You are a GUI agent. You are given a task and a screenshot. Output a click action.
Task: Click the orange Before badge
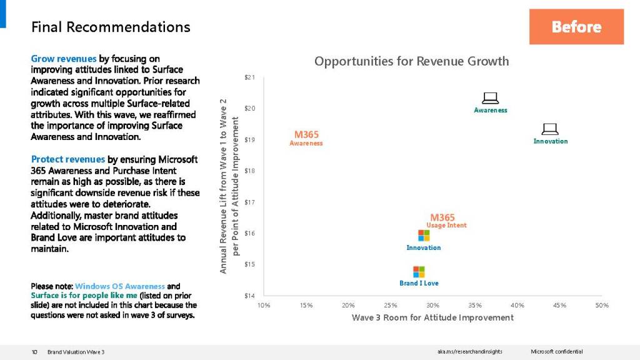576,27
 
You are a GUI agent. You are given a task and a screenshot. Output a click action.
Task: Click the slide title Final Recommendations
111,27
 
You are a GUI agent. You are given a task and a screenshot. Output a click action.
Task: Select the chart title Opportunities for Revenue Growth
411,61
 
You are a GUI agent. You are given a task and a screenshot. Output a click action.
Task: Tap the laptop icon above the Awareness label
490,98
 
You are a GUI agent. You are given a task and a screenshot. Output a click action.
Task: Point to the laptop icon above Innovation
550,129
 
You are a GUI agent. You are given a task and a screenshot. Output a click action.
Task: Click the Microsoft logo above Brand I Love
419,272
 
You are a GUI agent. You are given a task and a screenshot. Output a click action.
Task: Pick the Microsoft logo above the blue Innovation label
424,236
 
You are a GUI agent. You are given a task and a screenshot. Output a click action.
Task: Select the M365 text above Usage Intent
442,217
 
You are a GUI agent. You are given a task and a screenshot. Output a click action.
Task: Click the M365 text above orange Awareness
306,134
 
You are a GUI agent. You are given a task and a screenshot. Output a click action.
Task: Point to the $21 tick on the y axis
249,77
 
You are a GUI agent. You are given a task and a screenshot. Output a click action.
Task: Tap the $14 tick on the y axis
249,296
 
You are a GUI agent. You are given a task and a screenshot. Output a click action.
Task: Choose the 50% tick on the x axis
602,305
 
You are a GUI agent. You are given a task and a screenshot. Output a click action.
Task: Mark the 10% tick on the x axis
264,305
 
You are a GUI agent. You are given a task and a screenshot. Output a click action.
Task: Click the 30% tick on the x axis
432,305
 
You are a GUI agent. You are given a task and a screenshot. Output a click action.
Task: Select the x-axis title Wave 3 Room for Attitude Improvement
432,317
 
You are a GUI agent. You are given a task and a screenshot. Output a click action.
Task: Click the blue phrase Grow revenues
64,59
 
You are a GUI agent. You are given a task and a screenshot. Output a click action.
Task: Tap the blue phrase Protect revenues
67,159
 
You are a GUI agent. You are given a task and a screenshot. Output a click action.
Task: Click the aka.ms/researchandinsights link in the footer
469,352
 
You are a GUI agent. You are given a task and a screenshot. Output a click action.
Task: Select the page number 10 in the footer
35,352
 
